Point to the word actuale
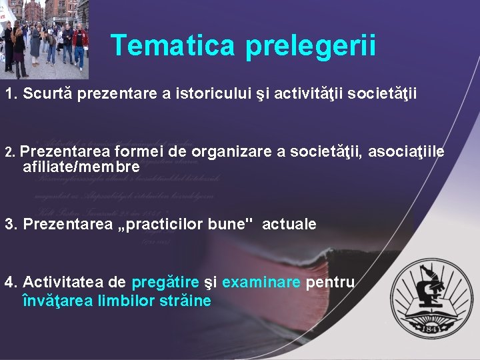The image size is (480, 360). click(289, 224)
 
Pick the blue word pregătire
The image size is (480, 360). click(165, 282)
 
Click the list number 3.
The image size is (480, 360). click(9, 224)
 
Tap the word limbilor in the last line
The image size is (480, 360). click(127, 301)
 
